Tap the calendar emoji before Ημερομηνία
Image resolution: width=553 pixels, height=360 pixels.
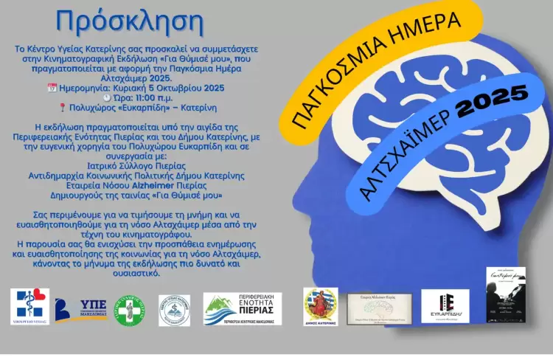[x=52, y=88]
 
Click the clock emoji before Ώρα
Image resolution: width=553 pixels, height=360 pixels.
[x=107, y=97]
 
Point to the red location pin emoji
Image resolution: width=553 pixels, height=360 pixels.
[x=73, y=106]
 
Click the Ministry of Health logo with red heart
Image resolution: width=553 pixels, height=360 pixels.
[x=30, y=303]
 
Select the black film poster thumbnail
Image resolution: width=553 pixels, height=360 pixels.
[x=505, y=294]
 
